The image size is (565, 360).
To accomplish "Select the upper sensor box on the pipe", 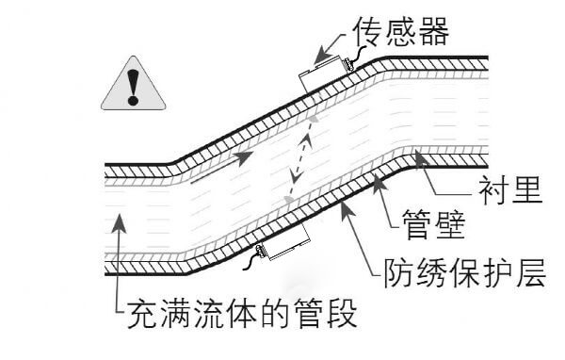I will [x=321, y=73].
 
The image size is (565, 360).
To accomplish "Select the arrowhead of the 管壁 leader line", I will [x=380, y=179].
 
